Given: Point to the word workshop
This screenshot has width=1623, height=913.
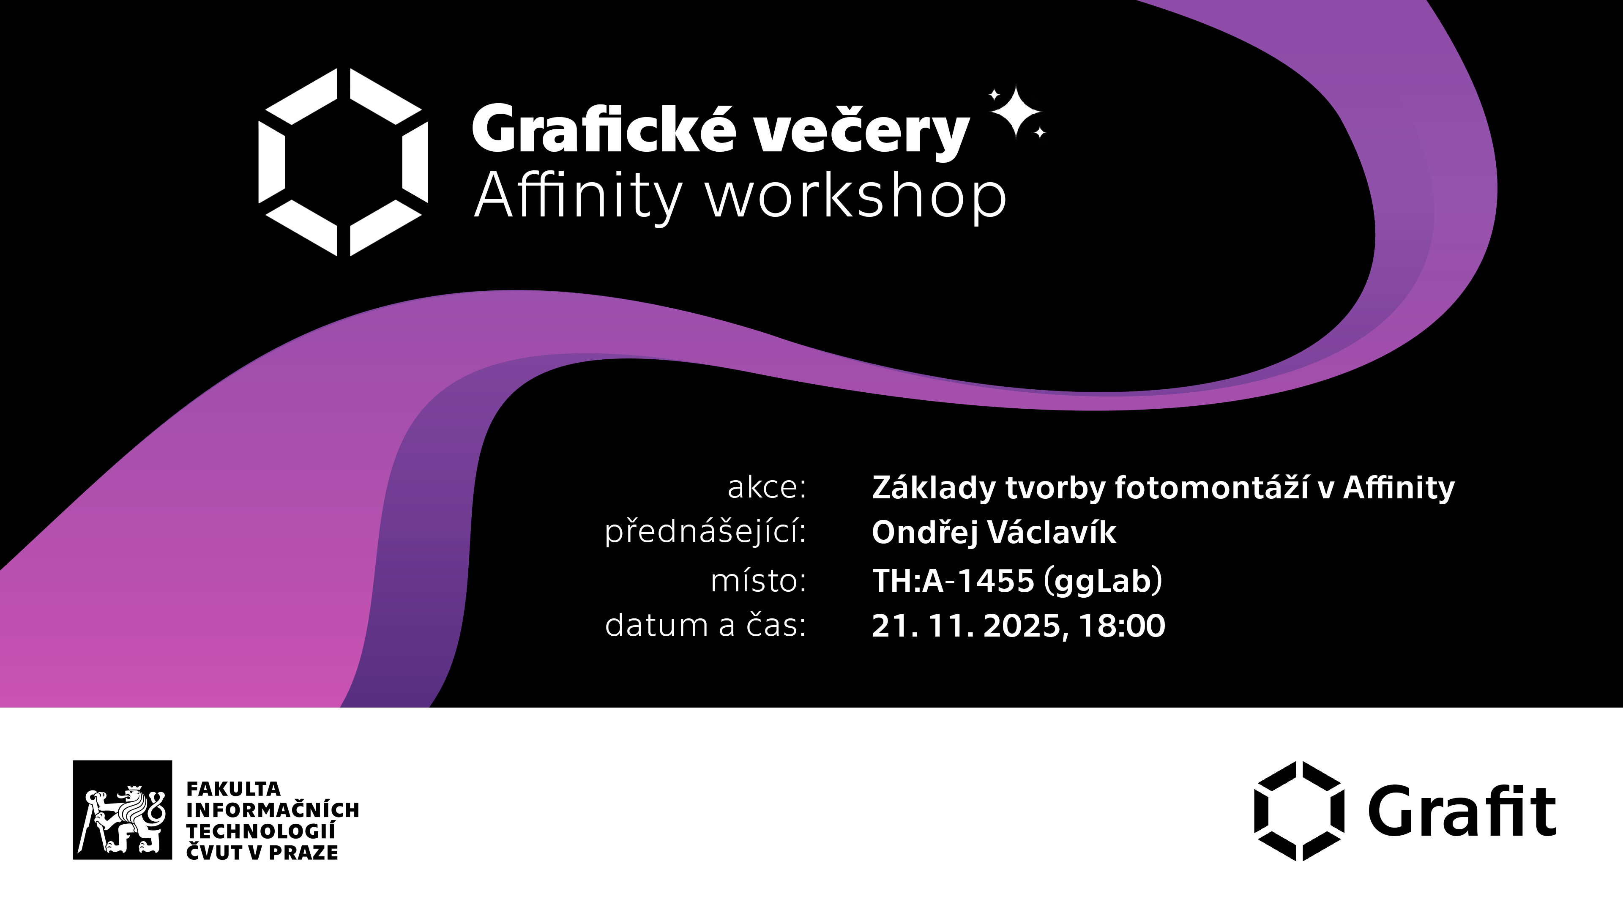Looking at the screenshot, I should click(855, 197).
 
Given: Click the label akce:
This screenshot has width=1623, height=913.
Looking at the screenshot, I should click(766, 487).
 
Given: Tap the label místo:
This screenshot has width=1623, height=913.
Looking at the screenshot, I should click(758, 580).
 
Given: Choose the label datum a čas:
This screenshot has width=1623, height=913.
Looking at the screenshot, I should click(705, 625).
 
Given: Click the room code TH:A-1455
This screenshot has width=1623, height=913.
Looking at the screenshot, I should click(953, 580).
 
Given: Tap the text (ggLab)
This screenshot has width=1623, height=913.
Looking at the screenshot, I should click(1103, 580).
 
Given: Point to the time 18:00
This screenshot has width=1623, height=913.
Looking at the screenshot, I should click(1121, 626).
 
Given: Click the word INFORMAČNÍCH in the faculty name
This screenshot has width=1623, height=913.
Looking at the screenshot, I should click(272, 810).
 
